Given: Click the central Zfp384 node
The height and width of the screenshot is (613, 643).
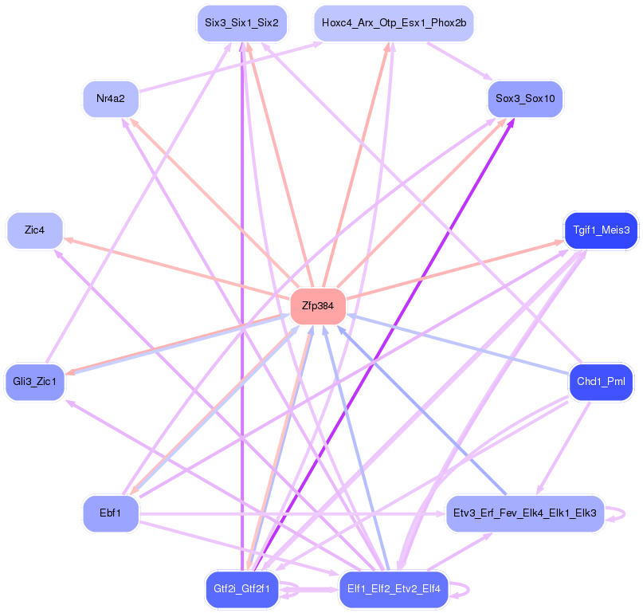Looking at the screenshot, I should coord(318,305).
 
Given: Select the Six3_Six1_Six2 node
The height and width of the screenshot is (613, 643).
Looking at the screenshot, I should coord(241,23).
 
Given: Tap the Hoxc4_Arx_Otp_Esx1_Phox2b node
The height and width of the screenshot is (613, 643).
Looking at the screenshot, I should coord(394,23).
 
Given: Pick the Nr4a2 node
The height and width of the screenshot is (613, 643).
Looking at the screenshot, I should coord(111,99).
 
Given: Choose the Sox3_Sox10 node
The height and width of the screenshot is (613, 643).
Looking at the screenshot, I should coord(525,99).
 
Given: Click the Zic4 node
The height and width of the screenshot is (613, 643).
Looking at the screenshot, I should coord(34,230).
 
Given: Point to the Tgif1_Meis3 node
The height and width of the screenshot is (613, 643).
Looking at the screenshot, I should coord(601,230).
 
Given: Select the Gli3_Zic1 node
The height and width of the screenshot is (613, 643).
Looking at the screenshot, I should coord(34,382).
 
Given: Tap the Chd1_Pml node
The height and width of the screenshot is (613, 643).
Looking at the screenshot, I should coord(601,382).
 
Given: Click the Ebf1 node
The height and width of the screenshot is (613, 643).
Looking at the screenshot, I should coord(111,513).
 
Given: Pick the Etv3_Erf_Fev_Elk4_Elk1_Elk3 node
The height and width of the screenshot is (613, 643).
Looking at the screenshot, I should coord(525,513).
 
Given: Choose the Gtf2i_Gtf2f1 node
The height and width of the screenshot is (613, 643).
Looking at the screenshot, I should coord(241,589).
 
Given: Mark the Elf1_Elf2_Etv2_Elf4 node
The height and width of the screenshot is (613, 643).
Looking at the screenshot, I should coord(394,589).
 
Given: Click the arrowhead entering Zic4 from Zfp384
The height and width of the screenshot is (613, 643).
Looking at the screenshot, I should coord(68,238).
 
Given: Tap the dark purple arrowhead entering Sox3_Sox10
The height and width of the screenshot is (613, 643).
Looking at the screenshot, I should coord(511,123).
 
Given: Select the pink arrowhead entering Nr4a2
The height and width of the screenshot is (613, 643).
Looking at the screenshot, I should coord(134,122).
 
